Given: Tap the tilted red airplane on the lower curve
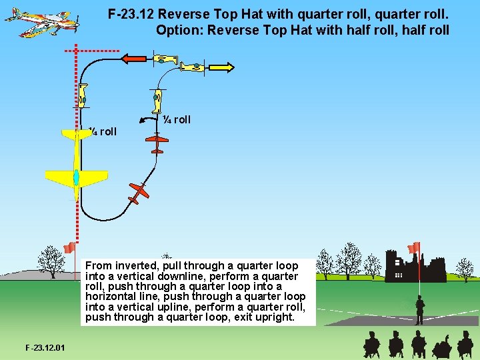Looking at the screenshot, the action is point(139,192).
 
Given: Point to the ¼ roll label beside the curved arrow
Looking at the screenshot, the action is point(177,119).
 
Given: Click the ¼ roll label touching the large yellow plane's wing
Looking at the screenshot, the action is point(103,131).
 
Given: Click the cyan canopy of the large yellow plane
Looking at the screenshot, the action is point(76,178).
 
